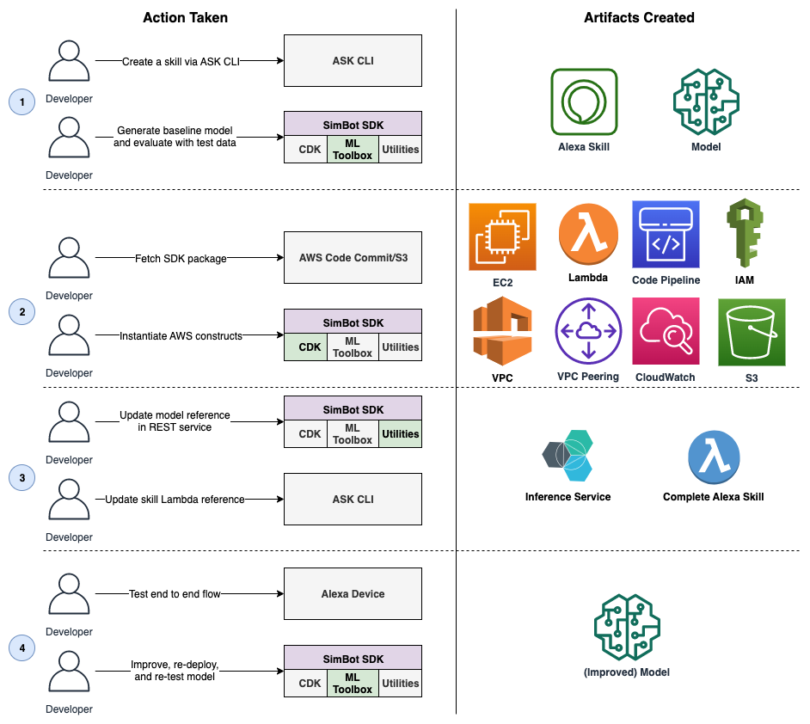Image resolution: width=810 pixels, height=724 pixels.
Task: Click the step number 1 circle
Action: [x=21, y=101]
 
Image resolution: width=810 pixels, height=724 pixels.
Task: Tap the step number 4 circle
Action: [x=21, y=647]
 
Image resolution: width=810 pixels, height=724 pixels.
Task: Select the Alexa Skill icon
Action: [x=584, y=101]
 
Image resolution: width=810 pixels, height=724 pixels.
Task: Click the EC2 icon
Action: [x=502, y=237]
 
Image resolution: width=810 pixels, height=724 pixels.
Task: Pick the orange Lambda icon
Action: [x=588, y=234]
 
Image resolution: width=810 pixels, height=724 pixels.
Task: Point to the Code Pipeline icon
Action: [x=666, y=235]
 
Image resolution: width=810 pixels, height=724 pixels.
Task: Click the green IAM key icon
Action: [x=745, y=233]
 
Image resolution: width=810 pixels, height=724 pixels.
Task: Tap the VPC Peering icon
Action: [x=588, y=331]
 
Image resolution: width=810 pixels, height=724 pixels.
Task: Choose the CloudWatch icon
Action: [x=666, y=331]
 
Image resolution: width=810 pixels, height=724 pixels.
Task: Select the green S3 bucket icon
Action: [x=752, y=332]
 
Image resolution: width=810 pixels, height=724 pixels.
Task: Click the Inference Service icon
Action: [x=568, y=456]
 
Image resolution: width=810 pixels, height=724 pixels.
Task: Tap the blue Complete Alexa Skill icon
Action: [x=714, y=457]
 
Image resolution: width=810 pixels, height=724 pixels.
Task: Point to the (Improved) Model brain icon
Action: [x=627, y=627]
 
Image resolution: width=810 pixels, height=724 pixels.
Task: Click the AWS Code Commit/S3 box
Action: [x=353, y=257]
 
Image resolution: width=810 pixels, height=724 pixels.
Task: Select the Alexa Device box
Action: [x=353, y=594]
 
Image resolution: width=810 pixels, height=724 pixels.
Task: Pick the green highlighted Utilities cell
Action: [x=401, y=433]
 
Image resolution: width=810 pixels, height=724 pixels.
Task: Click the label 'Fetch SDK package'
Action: [x=181, y=258]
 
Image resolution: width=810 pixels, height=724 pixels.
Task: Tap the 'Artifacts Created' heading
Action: [x=639, y=17]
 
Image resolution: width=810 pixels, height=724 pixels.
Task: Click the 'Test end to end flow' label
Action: [x=175, y=594]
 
